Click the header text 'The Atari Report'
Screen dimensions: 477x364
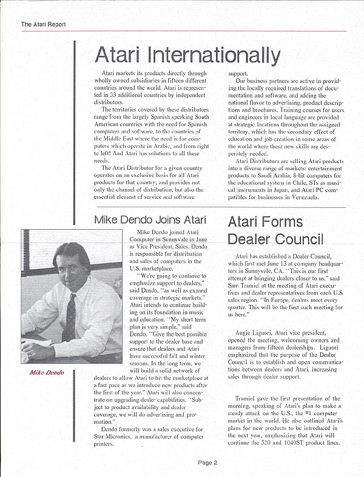[x=43, y=25]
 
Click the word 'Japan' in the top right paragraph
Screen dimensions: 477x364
[x=275, y=190]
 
